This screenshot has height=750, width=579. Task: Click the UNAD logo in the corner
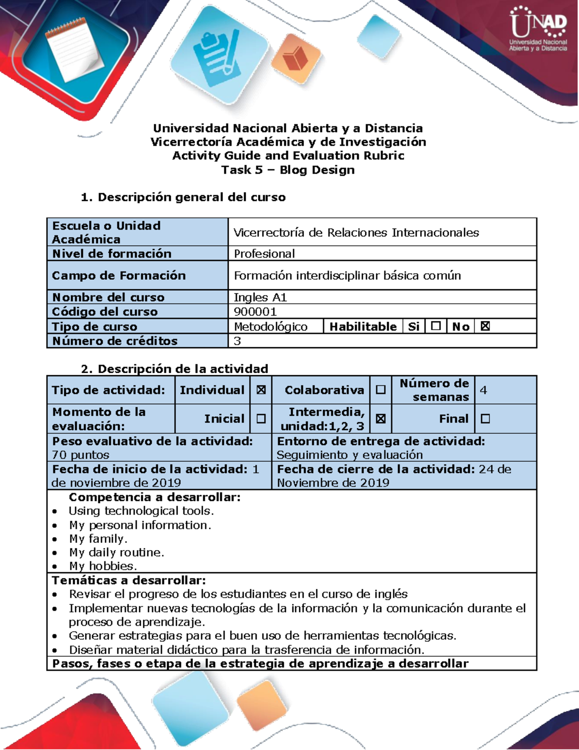click(x=538, y=29)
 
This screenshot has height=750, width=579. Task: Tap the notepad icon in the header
click(x=74, y=48)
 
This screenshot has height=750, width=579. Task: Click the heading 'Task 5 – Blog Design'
click(x=288, y=170)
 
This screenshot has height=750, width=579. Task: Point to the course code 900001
click(x=255, y=311)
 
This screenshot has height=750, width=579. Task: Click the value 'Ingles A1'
click(x=260, y=297)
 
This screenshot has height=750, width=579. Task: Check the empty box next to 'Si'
click(x=436, y=326)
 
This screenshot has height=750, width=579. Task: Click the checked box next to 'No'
click(x=485, y=326)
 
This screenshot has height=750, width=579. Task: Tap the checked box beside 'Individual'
click(x=261, y=390)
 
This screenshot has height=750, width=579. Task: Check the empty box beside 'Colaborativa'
click(x=381, y=390)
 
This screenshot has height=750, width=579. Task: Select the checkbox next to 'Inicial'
click(x=261, y=419)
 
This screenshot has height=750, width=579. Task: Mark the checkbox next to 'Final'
click(x=485, y=419)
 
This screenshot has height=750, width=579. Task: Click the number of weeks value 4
click(x=483, y=390)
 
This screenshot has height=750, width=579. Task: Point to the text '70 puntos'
click(x=81, y=455)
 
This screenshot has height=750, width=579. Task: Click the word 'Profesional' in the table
click(x=264, y=254)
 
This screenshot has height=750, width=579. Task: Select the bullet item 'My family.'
click(x=98, y=538)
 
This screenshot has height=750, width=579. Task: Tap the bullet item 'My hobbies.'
click(x=103, y=566)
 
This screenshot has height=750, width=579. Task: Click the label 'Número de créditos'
click(x=115, y=341)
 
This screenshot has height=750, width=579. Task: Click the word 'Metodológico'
click(x=271, y=326)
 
